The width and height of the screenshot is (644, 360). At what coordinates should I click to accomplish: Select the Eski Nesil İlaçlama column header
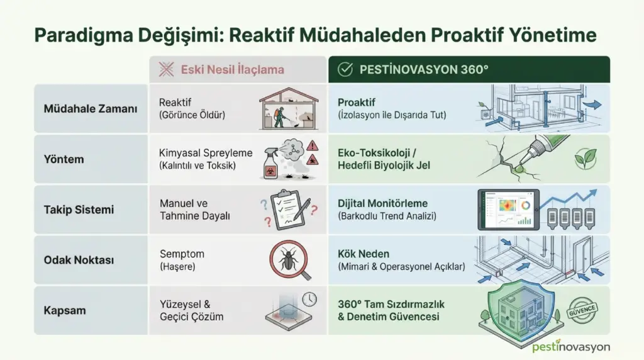233,69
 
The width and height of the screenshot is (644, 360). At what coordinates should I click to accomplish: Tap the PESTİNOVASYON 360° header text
424,69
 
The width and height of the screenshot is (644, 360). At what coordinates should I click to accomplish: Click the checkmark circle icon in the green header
345,69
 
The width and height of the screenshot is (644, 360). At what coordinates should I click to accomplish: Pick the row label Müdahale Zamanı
91,109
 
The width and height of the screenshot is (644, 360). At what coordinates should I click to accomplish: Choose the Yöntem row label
64,159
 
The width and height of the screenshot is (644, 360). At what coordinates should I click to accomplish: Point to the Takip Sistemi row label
79,210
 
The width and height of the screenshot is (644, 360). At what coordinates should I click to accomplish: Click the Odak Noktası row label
79,260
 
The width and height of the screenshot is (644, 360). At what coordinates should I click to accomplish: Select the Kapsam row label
65,310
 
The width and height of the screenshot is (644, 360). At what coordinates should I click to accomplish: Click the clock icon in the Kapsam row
309,299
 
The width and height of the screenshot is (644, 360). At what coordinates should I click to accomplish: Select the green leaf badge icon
586,159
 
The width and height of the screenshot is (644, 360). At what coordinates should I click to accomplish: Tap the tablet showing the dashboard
508,210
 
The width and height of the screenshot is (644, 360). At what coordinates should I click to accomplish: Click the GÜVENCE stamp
582,310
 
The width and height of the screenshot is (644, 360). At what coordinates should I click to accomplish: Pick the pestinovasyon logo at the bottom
571,346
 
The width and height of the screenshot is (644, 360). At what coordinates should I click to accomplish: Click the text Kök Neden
364,254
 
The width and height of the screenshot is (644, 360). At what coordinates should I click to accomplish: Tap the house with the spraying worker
289,108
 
